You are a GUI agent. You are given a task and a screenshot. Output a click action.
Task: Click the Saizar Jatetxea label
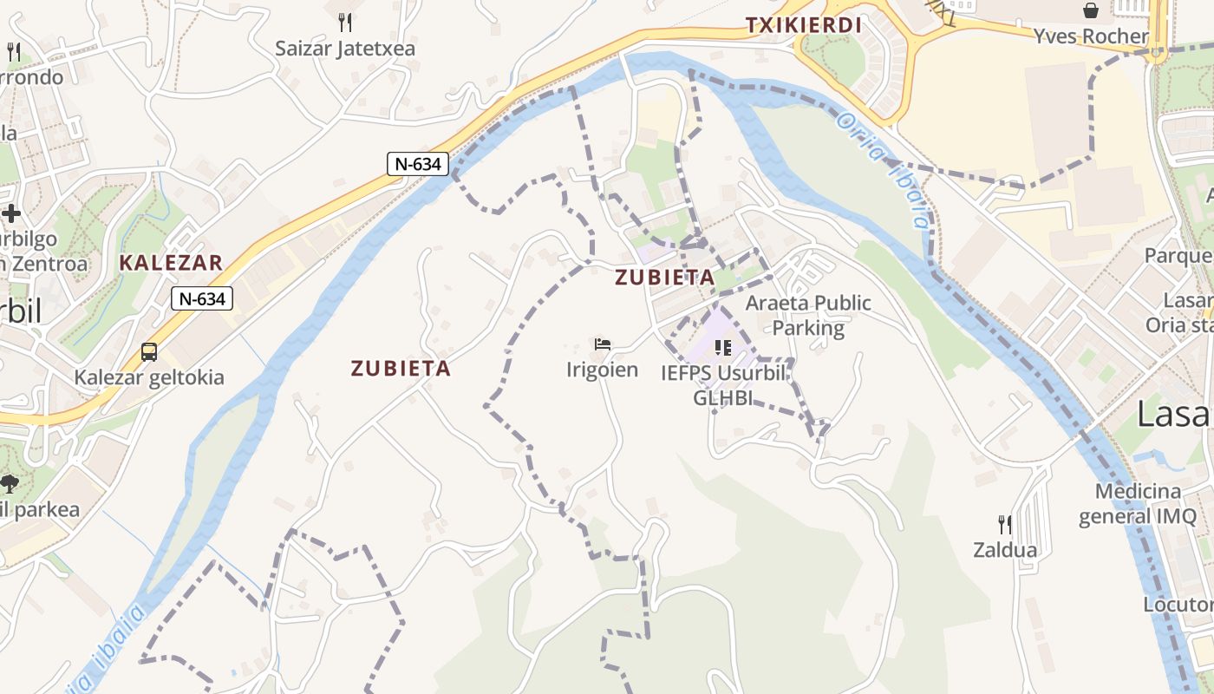click(x=345, y=49)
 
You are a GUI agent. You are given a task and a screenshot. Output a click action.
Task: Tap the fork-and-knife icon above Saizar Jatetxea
click(x=345, y=22)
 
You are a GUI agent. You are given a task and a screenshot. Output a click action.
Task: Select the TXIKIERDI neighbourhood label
click(x=804, y=26)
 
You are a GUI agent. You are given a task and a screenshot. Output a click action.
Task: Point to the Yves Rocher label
click(x=1091, y=36)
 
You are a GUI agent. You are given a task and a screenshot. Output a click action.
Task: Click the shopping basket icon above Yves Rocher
click(x=1091, y=10)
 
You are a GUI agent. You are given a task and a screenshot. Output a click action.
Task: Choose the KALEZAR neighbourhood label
click(x=171, y=263)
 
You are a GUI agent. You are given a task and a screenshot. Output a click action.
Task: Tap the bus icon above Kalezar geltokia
click(x=149, y=351)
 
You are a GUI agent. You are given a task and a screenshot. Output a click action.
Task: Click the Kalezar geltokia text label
click(x=149, y=377)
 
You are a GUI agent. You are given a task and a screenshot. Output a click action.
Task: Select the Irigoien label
click(x=602, y=370)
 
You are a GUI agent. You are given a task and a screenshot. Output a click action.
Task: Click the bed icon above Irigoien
click(x=602, y=344)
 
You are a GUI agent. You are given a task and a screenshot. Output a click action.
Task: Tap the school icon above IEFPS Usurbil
click(x=722, y=348)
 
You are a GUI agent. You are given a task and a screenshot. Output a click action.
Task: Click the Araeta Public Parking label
click(x=808, y=315)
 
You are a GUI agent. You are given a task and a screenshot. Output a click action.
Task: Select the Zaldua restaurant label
click(x=1005, y=550)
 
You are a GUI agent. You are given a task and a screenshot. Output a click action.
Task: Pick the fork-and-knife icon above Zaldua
click(x=1005, y=524)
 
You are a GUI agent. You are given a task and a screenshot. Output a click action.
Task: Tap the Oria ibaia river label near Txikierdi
click(x=884, y=169)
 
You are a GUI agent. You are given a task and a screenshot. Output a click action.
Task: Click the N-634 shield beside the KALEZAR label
click(x=203, y=299)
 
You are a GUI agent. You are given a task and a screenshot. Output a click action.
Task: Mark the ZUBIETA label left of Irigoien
click(x=401, y=369)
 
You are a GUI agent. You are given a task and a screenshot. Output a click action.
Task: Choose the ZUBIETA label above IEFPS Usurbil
click(x=664, y=278)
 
